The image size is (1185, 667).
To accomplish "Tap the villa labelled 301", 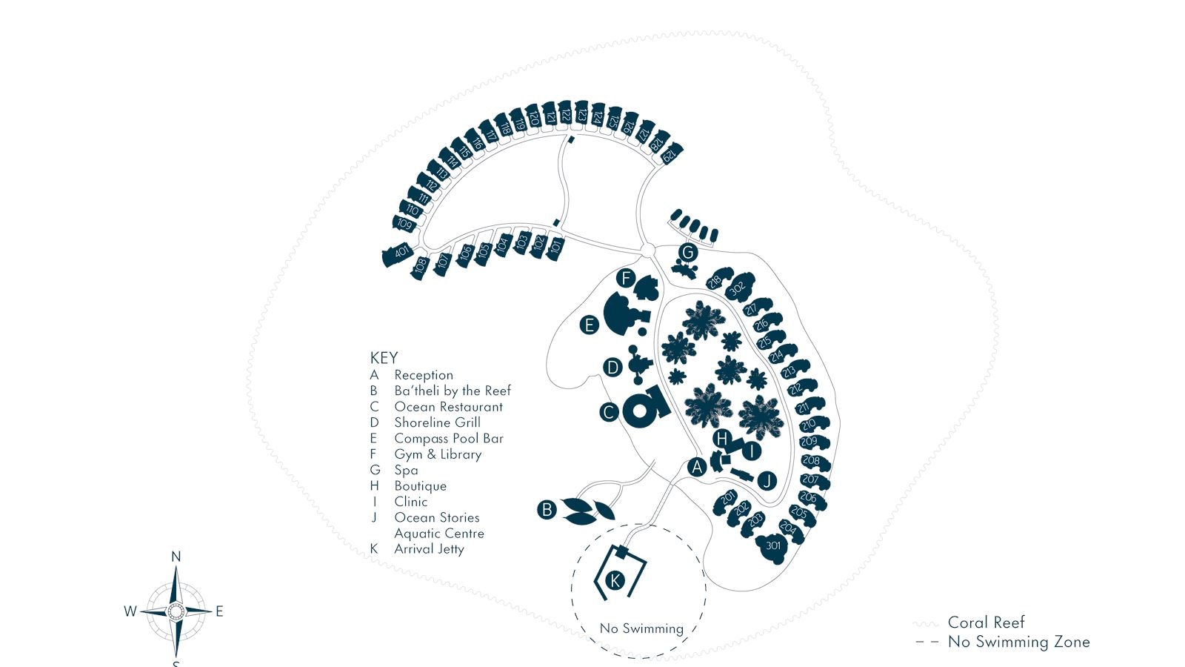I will [773, 546].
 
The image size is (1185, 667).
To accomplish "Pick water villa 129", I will [669, 155].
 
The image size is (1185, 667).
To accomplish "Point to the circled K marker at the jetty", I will [615, 580].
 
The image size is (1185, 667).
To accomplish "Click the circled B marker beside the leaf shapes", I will [547, 510].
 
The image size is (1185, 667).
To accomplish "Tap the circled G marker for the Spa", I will [688, 253].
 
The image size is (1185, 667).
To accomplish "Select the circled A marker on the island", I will [696, 467].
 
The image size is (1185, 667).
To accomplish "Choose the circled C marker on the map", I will [609, 412].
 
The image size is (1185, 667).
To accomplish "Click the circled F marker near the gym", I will [626, 279].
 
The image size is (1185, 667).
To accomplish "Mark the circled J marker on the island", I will [767, 481].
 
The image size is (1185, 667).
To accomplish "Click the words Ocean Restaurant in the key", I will [448, 407].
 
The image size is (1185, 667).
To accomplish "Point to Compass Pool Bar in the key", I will [448, 439].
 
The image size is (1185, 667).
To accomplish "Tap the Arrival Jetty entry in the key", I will [429, 549].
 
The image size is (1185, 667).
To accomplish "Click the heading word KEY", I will [384, 358].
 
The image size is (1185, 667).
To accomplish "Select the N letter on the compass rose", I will [176, 557].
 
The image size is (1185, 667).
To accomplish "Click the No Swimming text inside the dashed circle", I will [641, 628].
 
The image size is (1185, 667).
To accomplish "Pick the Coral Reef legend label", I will [986, 623].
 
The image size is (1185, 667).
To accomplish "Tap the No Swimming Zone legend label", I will [1018, 642].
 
